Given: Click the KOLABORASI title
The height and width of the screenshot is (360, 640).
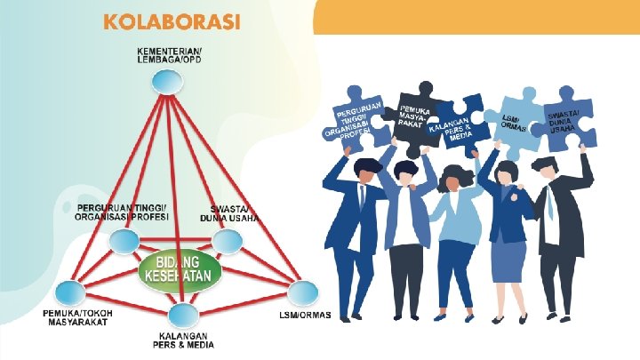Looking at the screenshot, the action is tap(172, 22).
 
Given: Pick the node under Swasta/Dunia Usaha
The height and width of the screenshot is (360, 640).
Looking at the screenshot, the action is tap(226, 240).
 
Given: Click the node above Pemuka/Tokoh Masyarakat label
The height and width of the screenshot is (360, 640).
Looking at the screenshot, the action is tap(69, 292).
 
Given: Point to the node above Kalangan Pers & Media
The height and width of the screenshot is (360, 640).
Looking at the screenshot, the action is tap(181, 313).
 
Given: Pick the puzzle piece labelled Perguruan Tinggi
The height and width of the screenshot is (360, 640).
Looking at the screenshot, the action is tap(356, 123).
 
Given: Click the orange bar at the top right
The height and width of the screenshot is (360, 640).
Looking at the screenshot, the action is tap(477, 16).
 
